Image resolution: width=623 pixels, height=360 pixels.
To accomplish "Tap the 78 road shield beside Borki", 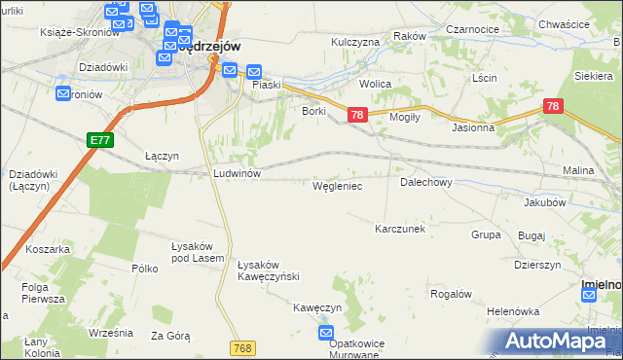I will click(357, 115).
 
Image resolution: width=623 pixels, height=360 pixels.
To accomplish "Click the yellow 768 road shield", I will click(244, 347).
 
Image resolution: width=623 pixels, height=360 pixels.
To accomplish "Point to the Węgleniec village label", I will click(337, 185).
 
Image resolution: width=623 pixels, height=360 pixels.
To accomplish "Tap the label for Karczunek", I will click(401, 229).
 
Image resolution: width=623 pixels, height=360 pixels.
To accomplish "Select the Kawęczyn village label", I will click(318, 306).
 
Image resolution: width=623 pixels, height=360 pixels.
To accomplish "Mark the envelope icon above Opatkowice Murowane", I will click(327, 333).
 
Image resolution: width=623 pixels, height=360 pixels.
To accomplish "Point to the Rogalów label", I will click(451, 294).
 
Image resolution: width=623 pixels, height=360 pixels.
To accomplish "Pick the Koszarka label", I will click(49, 249).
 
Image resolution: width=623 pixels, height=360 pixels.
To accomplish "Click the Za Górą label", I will click(170, 336).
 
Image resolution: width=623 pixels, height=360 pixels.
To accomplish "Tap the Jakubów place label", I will click(544, 202).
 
